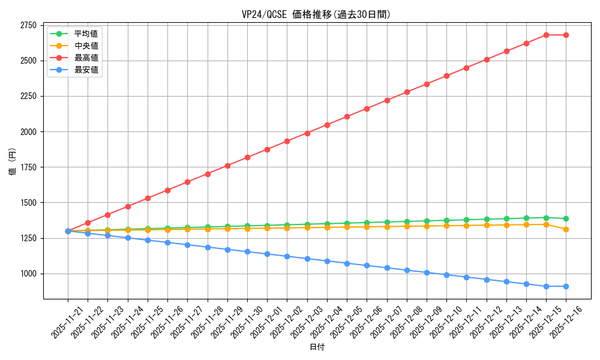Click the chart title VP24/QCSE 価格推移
[316, 14]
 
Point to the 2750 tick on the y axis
[28, 25]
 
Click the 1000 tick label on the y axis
[28, 274]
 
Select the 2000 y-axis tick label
[28, 131]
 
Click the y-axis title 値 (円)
[13, 163]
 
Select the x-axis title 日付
[316, 347]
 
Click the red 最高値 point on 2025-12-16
[566, 35]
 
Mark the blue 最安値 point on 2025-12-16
[566, 286]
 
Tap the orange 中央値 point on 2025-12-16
[566, 229]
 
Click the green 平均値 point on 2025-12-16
[566, 218]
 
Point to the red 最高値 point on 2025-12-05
[347, 116]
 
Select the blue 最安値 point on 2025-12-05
[347, 263]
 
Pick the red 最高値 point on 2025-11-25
[148, 198]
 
